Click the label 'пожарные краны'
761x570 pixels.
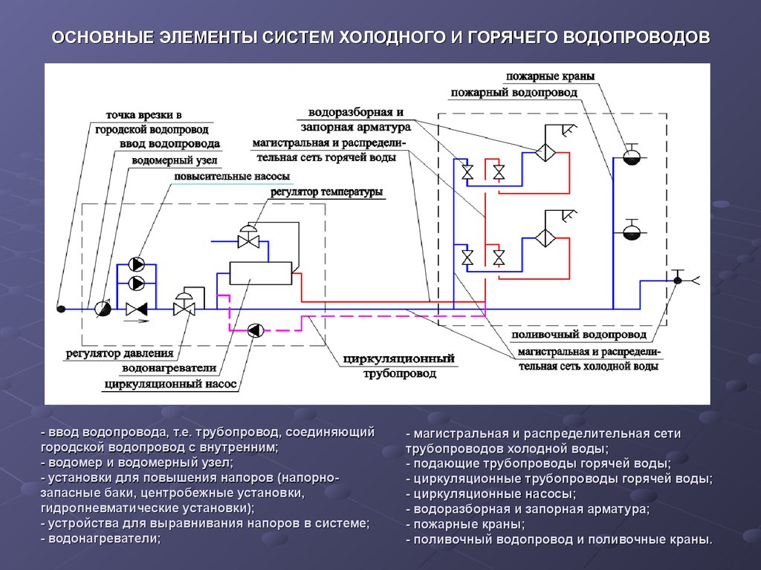tap(550, 76)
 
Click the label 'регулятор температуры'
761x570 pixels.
tap(327, 192)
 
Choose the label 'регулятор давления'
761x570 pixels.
tap(119, 354)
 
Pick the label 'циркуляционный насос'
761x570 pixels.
tap(170, 384)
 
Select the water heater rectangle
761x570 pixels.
tap(260, 273)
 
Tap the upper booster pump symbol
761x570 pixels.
tap(137, 264)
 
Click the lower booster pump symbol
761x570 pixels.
tap(137, 283)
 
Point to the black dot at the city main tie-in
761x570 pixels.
tap(62, 308)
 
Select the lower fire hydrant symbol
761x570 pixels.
tap(631, 232)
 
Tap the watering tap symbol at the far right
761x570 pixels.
tap(678, 280)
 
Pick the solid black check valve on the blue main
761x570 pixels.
tap(137, 308)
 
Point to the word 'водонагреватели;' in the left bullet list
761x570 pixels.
tap(105, 538)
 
